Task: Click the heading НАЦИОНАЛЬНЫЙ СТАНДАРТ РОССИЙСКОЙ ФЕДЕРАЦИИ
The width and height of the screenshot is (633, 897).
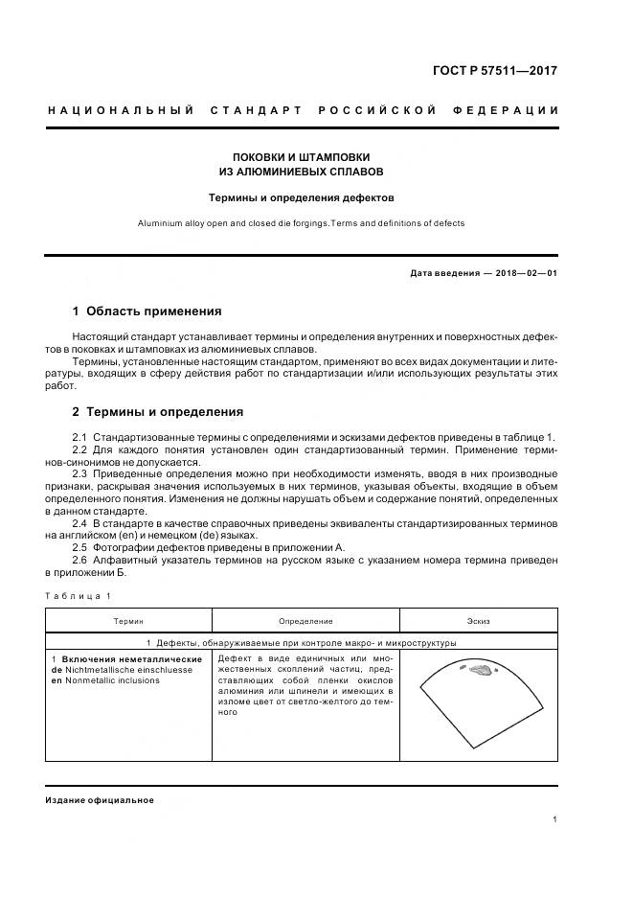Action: [303, 111]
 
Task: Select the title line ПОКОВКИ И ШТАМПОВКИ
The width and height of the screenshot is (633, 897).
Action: [302, 156]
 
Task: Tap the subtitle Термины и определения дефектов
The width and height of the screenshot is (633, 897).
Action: [302, 198]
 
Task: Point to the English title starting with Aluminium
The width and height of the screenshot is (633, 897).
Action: [302, 223]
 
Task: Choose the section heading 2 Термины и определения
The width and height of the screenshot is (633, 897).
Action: [157, 412]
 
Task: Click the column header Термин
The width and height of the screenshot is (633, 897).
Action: [128, 622]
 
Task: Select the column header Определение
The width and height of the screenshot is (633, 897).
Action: [305, 622]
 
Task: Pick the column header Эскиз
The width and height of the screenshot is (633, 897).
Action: [478, 622]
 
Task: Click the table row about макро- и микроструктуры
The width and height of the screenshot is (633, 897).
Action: [302, 643]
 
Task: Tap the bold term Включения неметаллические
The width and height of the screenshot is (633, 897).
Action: [130, 659]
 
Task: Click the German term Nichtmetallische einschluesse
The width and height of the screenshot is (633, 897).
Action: [133, 670]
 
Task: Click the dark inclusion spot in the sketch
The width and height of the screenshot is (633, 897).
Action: [478, 673]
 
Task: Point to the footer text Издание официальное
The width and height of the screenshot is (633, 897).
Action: [100, 800]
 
